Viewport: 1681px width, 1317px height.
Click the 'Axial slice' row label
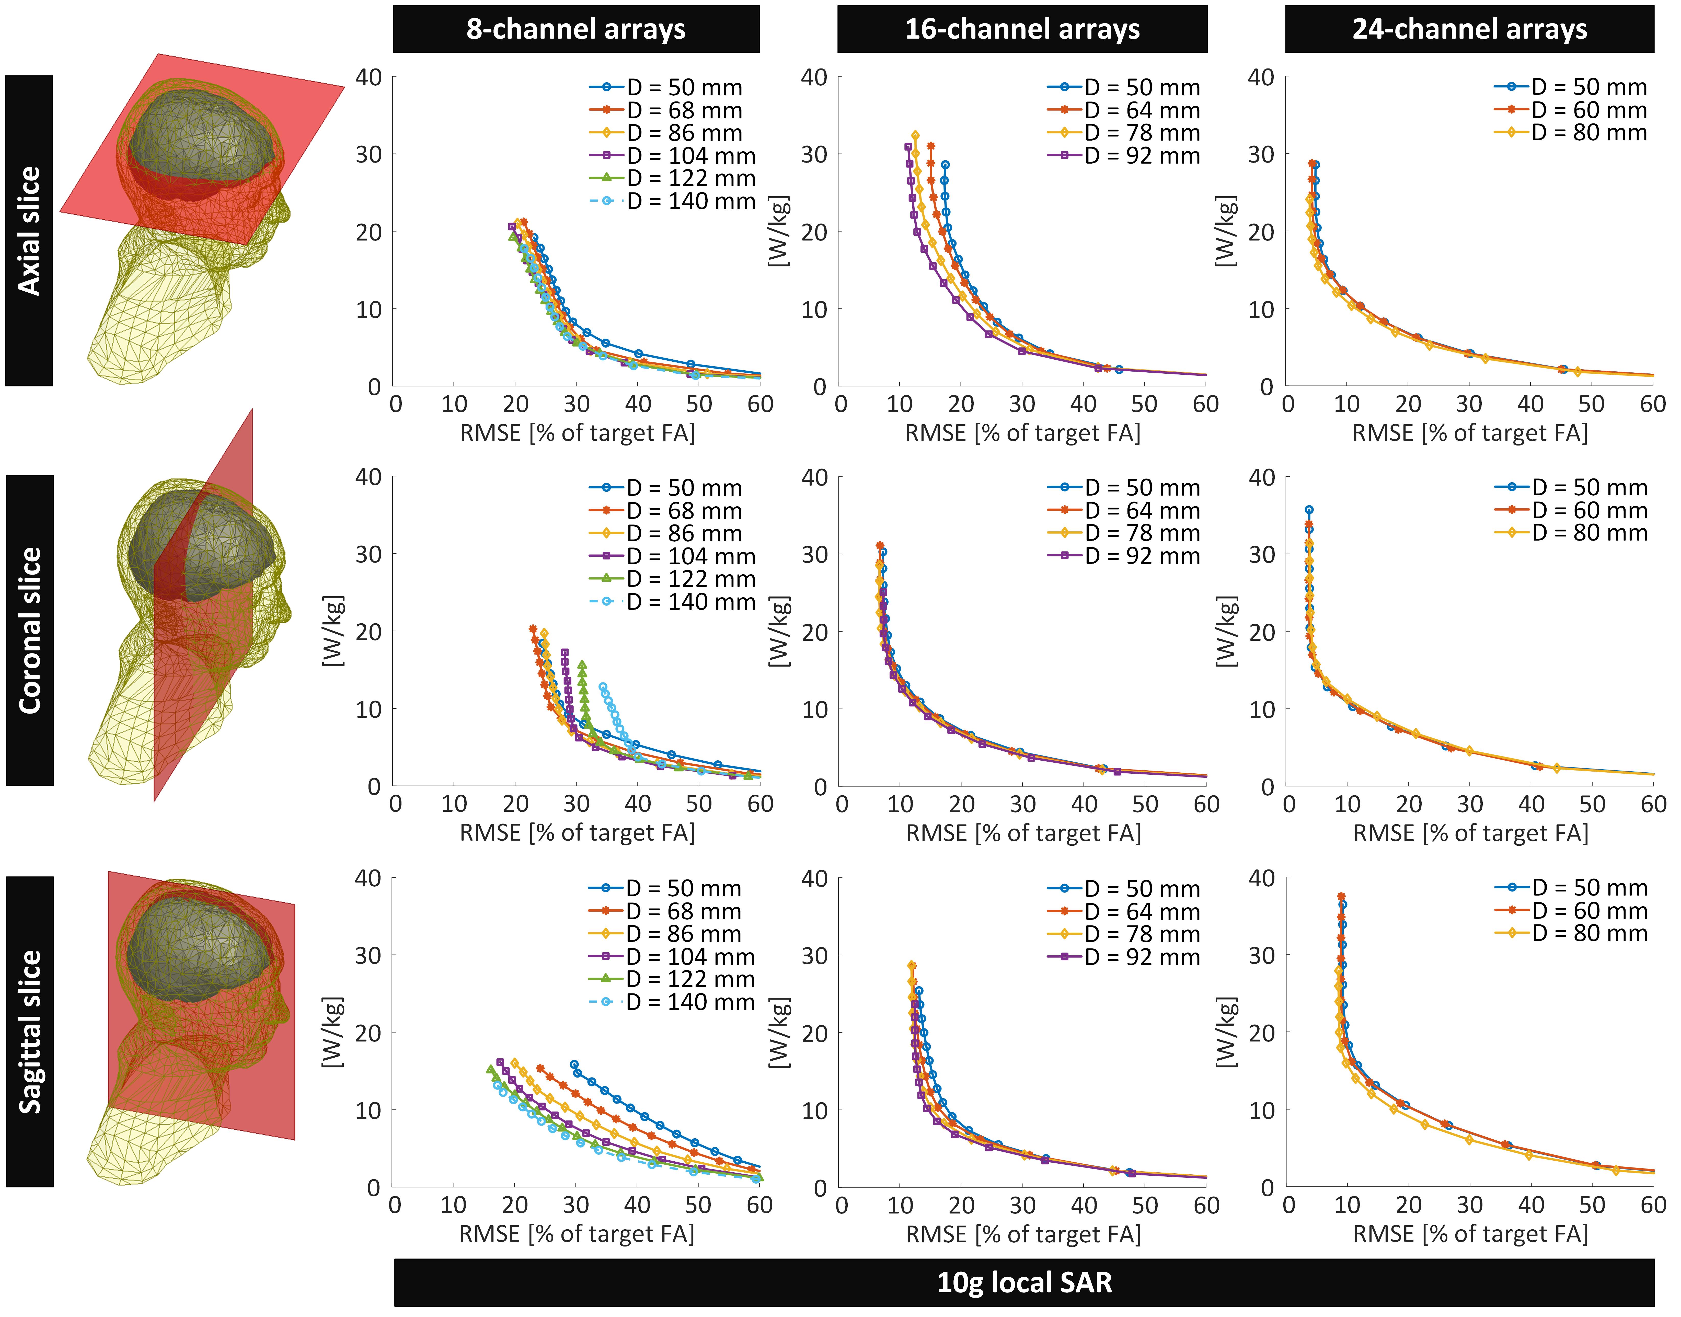[29, 231]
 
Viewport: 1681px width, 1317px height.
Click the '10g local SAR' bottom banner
[1024, 1282]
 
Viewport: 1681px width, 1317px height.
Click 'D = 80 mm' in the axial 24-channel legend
[1588, 133]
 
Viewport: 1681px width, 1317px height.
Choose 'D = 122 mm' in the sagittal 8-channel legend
[690, 979]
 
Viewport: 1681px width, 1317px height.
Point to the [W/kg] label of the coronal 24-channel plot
[1226, 631]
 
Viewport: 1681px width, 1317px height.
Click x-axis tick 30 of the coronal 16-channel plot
[1022, 804]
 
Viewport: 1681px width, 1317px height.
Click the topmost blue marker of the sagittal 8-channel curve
[574, 1064]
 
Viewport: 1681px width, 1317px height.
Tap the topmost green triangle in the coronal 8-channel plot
[581, 664]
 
